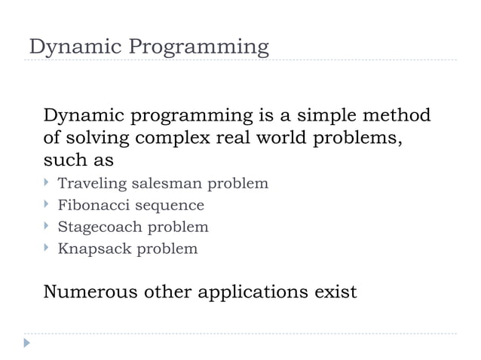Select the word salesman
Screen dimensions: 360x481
click(x=167, y=183)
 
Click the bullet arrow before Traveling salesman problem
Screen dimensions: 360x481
click(x=47, y=183)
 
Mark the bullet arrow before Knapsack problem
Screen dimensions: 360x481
click(x=47, y=248)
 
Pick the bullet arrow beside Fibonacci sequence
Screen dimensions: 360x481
click(x=47, y=205)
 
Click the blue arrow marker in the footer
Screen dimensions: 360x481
click(x=28, y=344)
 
